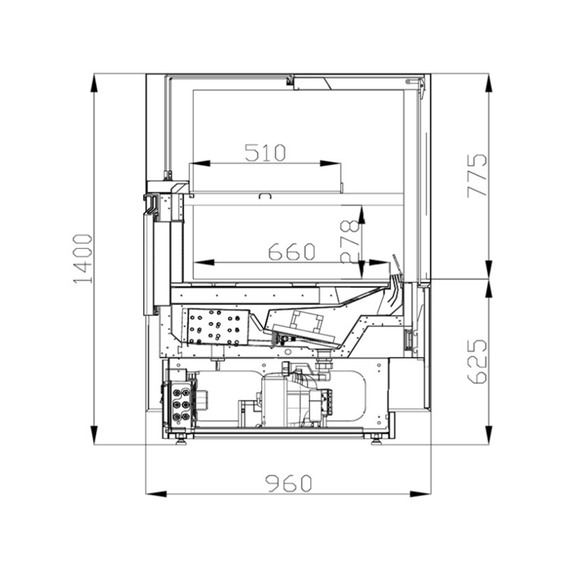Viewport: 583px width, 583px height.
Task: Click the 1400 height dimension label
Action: pyautogui.click(x=83, y=258)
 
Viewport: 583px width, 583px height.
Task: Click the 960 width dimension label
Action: pyautogui.click(x=288, y=483)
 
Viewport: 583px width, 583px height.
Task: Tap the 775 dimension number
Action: pyautogui.click(x=477, y=176)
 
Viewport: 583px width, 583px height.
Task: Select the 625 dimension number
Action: pyautogui.click(x=477, y=361)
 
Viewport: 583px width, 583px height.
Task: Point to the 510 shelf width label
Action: pyautogui.click(x=265, y=152)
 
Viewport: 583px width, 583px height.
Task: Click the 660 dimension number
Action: pyautogui.click(x=292, y=252)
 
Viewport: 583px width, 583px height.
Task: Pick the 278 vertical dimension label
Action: pyautogui.click(x=350, y=242)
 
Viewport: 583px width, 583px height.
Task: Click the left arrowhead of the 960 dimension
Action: pyautogui.click(x=156, y=494)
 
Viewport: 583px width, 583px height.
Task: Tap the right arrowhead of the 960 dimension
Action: pyautogui.click(x=420, y=494)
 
